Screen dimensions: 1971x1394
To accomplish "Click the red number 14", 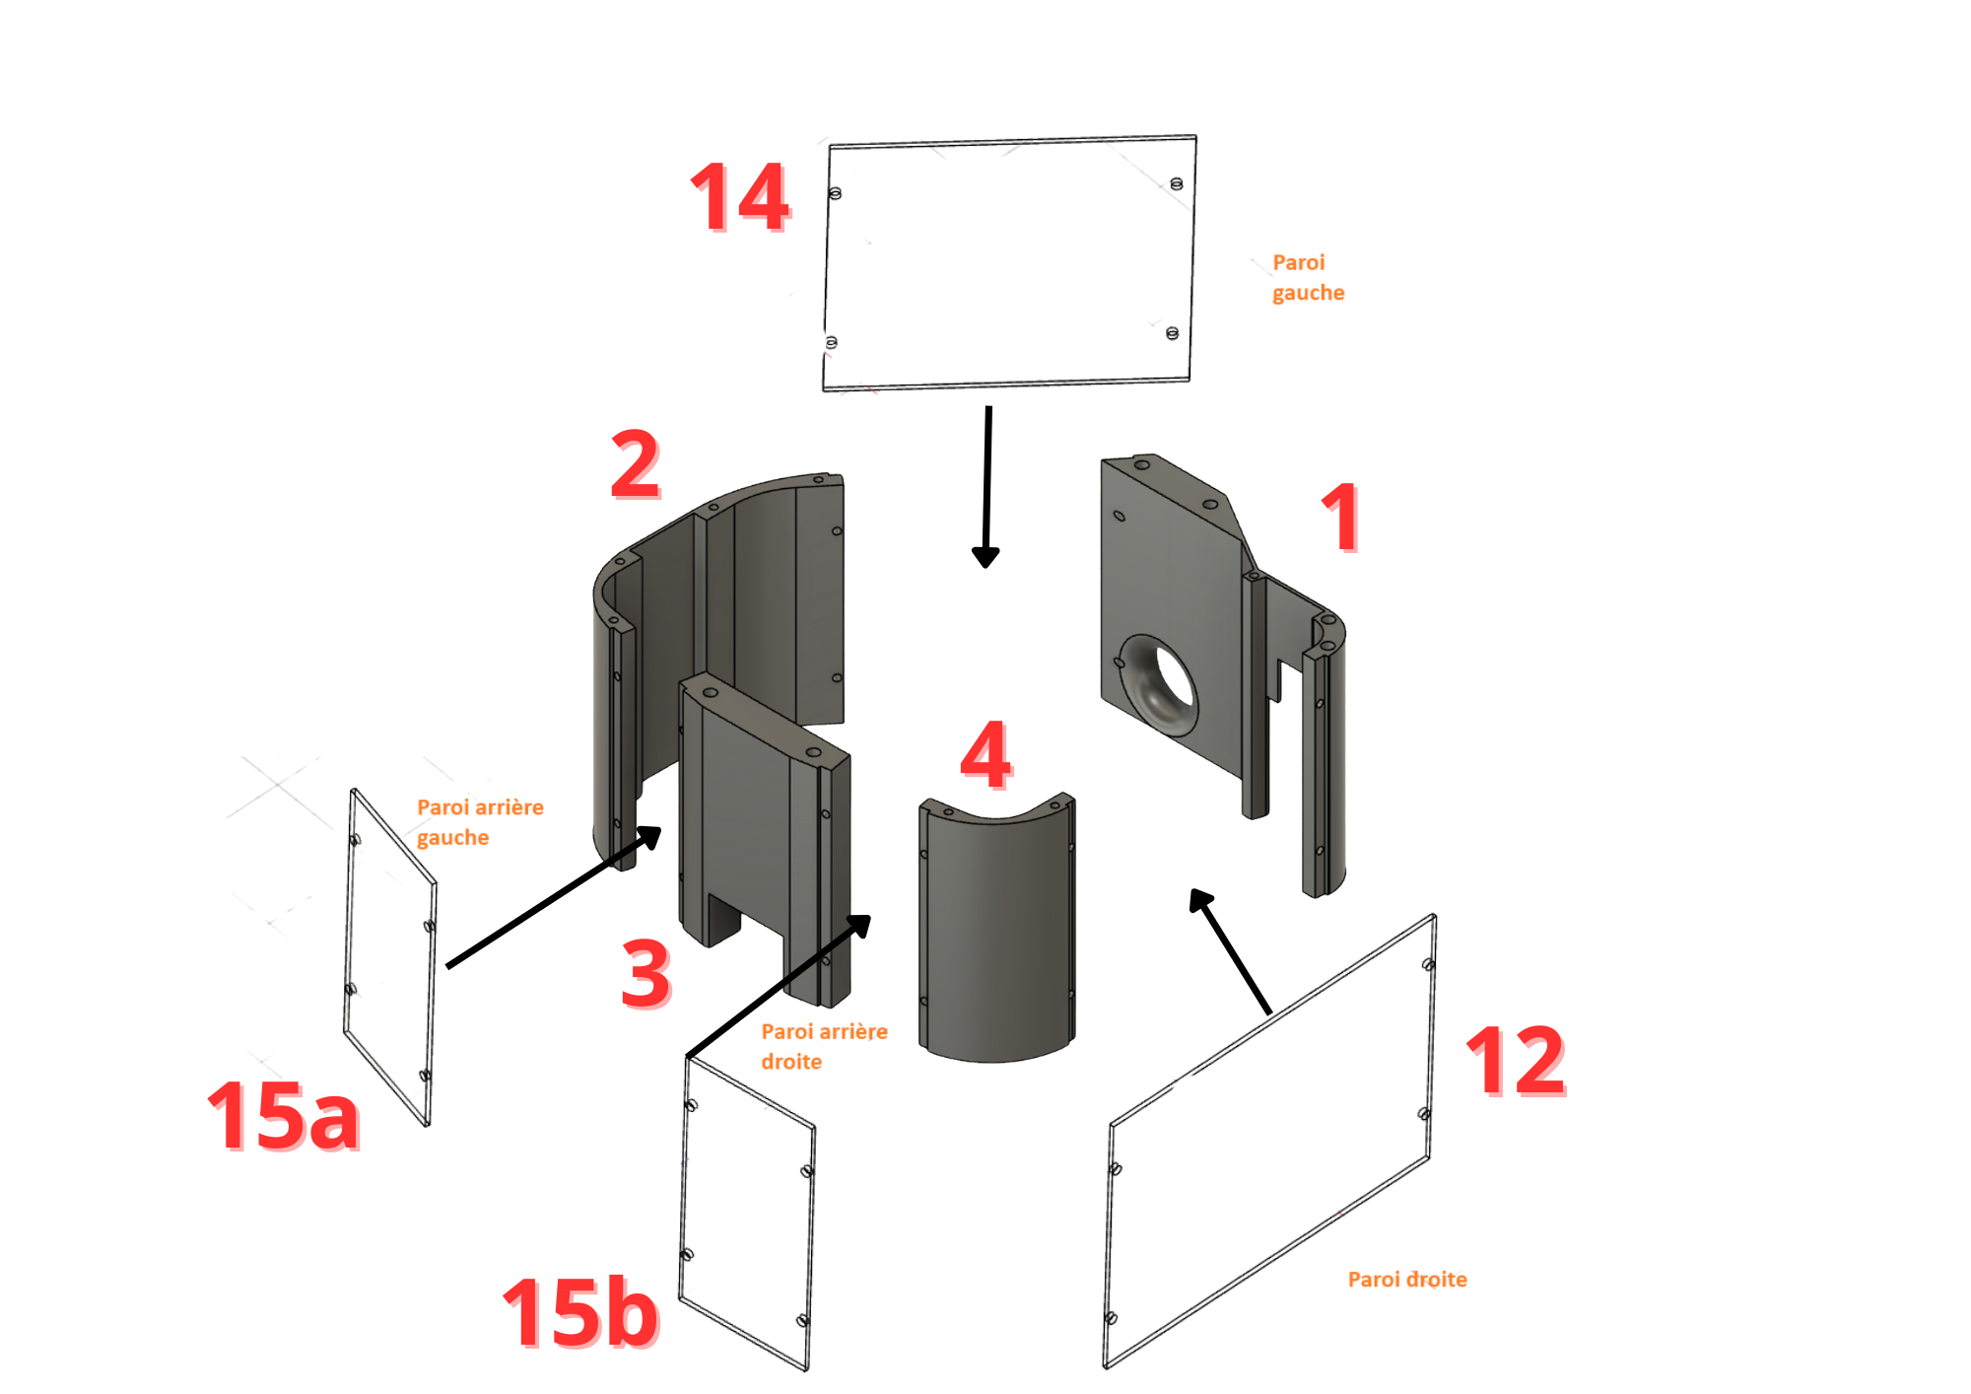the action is point(740,197).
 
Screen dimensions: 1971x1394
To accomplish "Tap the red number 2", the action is point(636,463).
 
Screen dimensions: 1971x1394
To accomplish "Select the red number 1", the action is point(1341,517).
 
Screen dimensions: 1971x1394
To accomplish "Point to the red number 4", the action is point(985,754).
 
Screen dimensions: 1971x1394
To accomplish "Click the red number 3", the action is point(646,973).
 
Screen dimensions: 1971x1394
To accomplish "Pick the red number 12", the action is point(1516,1061).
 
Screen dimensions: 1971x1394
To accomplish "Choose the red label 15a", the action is point(284,1115).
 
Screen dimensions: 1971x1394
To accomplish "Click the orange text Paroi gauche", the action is point(1308,277).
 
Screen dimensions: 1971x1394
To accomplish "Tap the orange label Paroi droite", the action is point(1407,1279).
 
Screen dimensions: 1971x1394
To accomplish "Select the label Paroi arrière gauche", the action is point(480,822).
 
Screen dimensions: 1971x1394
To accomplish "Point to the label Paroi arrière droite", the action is point(824,1046).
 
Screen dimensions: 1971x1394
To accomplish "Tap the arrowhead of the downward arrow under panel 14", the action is point(985,557).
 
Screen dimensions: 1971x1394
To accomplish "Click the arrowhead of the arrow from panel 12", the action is point(1199,898).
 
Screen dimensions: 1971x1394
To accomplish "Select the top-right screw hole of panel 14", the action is point(1176,183).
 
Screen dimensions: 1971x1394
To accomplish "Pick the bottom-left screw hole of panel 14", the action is point(831,342).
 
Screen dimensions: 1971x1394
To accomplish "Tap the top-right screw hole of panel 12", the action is point(1428,964).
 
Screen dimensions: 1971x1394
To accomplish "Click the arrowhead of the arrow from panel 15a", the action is point(649,837).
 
